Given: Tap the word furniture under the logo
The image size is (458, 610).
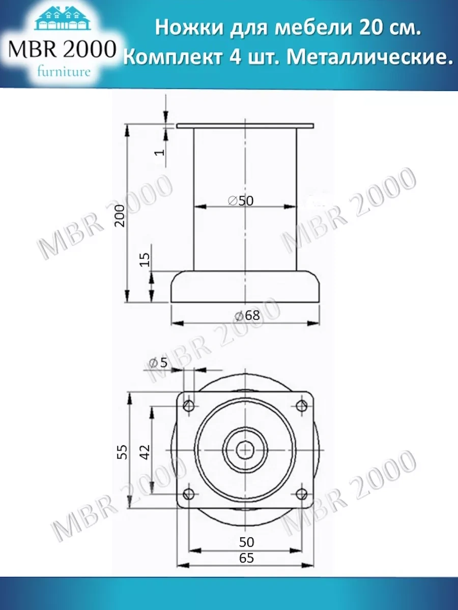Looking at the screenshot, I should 64,72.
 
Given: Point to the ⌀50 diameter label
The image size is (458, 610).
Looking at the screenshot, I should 241,201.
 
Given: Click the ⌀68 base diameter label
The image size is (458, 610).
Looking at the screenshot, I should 247,316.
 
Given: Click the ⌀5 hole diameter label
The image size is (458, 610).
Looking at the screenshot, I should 158,362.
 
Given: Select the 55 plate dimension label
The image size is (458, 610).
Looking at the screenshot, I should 122,451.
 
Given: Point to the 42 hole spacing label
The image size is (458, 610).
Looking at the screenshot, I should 145,451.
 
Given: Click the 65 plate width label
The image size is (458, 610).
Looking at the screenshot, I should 246,558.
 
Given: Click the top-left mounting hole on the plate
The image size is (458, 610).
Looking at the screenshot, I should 189,406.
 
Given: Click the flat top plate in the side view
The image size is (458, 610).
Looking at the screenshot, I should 245,126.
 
